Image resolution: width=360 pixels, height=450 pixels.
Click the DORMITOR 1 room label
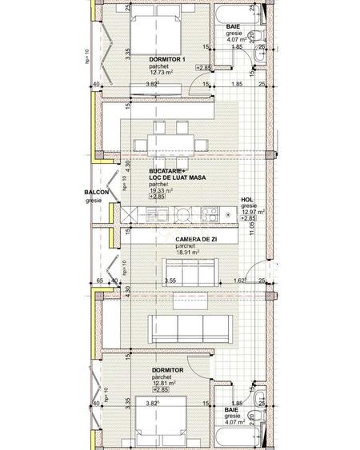tap(166, 60)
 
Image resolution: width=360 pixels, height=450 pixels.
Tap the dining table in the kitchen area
tap(170, 143)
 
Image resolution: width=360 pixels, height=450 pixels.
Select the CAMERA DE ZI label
tap(196, 239)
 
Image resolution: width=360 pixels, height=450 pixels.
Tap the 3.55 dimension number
tap(170, 281)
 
